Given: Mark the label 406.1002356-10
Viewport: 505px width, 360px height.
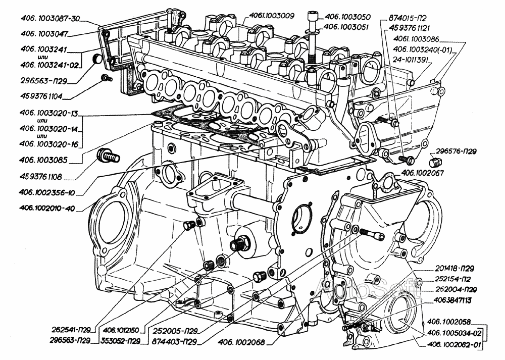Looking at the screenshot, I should coord(48,192).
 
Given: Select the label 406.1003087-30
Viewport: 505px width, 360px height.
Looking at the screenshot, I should coord(50,19).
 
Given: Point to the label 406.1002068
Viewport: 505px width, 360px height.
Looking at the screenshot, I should coord(242,342).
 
